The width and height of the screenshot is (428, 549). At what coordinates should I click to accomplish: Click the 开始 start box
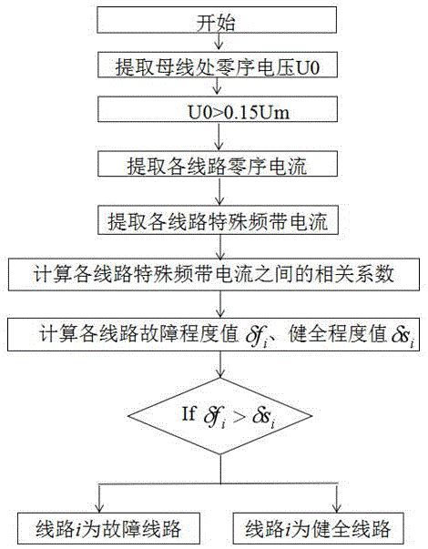pos(217,20)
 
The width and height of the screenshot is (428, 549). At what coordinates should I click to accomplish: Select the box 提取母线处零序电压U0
pos(218,65)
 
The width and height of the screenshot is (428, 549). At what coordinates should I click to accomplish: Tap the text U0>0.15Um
pos(239,112)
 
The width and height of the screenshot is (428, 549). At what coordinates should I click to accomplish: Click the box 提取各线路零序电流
pos(218,164)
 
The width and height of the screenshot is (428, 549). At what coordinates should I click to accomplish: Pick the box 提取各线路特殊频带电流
pos(218,220)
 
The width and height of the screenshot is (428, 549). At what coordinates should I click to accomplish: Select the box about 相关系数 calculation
pos(214,275)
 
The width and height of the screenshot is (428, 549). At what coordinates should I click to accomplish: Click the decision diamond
pos(220,416)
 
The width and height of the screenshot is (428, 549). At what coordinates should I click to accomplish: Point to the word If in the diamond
pos(189,413)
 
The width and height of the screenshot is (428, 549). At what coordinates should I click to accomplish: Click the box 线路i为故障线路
pos(108,528)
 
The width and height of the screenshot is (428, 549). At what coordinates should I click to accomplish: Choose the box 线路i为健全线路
pos(318,528)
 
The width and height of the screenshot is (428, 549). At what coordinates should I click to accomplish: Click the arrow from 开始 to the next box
pos(219,41)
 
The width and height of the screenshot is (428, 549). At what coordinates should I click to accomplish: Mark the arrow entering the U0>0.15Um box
pos(218,86)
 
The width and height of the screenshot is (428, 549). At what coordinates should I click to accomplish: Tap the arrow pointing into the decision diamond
pos(220,364)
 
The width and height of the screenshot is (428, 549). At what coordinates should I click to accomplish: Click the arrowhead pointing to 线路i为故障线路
pos(100,508)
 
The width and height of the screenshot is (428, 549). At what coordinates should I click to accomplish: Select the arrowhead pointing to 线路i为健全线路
pos(337,508)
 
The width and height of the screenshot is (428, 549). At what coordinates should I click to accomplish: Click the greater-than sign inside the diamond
pos(239,416)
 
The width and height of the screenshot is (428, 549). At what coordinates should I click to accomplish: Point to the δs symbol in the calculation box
pos(403,337)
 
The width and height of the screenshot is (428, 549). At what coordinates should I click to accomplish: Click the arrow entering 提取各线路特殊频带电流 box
pos(219,191)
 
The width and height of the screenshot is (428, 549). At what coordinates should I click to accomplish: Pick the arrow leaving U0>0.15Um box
pos(219,137)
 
